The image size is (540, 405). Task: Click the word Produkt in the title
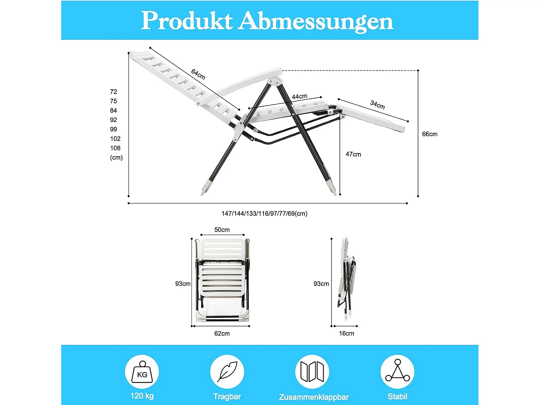[186, 21]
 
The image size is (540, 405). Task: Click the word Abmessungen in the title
[316, 21]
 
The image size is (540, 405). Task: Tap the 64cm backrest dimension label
[198, 74]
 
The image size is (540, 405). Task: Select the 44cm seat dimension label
[300, 96]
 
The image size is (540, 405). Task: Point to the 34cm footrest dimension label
[377, 105]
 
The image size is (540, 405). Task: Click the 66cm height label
[429, 134]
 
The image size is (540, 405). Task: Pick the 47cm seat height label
[353, 154]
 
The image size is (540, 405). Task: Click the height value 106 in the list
[115, 148]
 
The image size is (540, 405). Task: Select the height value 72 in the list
[113, 92]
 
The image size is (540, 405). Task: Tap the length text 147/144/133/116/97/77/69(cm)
[264, 213]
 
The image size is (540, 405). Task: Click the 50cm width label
[222, 230]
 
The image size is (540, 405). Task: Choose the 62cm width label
[222, 333]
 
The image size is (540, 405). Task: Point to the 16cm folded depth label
[346, 333]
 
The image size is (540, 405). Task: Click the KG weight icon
[142, 372]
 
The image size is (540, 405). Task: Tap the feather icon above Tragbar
[227, 372]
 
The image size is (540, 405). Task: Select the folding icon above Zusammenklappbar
[312, 372]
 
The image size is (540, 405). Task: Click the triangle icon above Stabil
[397, 372]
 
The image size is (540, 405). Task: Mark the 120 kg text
[142, 396]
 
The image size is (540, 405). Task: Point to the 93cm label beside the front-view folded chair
[183, 284]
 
